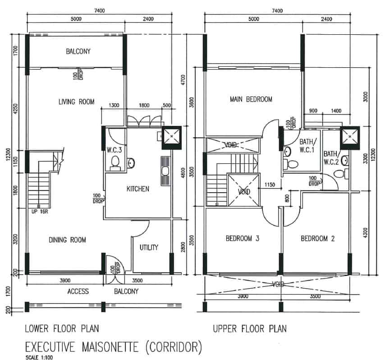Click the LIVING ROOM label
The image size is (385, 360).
tap(76, 102)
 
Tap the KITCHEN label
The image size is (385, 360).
tap(137, 189)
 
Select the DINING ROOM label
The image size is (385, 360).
tap(67, 240)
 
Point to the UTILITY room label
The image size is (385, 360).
tap(148, 247)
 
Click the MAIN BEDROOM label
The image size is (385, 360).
tap(251, 99)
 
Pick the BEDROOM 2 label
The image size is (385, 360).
tap(317, 239)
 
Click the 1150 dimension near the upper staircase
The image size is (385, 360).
tap(270, 185)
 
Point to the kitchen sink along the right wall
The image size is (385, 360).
tap(165, 171)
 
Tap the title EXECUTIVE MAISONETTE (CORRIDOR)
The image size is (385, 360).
tap(113, 347)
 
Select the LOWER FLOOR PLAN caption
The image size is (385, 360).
tap(62, 328)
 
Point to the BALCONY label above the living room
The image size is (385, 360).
tap(78, 51)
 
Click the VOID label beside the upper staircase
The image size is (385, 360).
tap(243, 191)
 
